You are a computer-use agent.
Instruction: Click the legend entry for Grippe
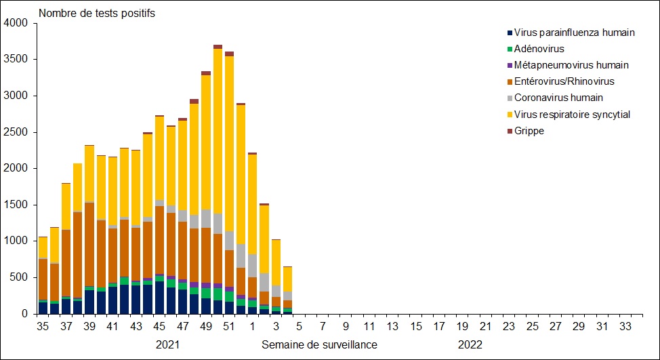coord(529,131)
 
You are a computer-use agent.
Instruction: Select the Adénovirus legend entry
coord(539,49)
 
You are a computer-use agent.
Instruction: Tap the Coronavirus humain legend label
coord(558,98)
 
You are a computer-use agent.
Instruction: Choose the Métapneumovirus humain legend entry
coord(571,65)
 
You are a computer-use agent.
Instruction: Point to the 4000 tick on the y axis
coord(15,24)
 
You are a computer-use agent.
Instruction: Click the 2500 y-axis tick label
coord(15,132)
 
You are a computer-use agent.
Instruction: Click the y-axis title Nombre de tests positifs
coord(97,14)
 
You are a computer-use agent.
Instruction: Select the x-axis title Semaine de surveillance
coord(319,345)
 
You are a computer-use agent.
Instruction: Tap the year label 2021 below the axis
coord(168,345)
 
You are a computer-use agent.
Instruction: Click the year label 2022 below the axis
coord(470,345)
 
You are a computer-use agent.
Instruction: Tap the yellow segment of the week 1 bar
coord(253,203)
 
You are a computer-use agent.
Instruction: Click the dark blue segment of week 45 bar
coord(159,298)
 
